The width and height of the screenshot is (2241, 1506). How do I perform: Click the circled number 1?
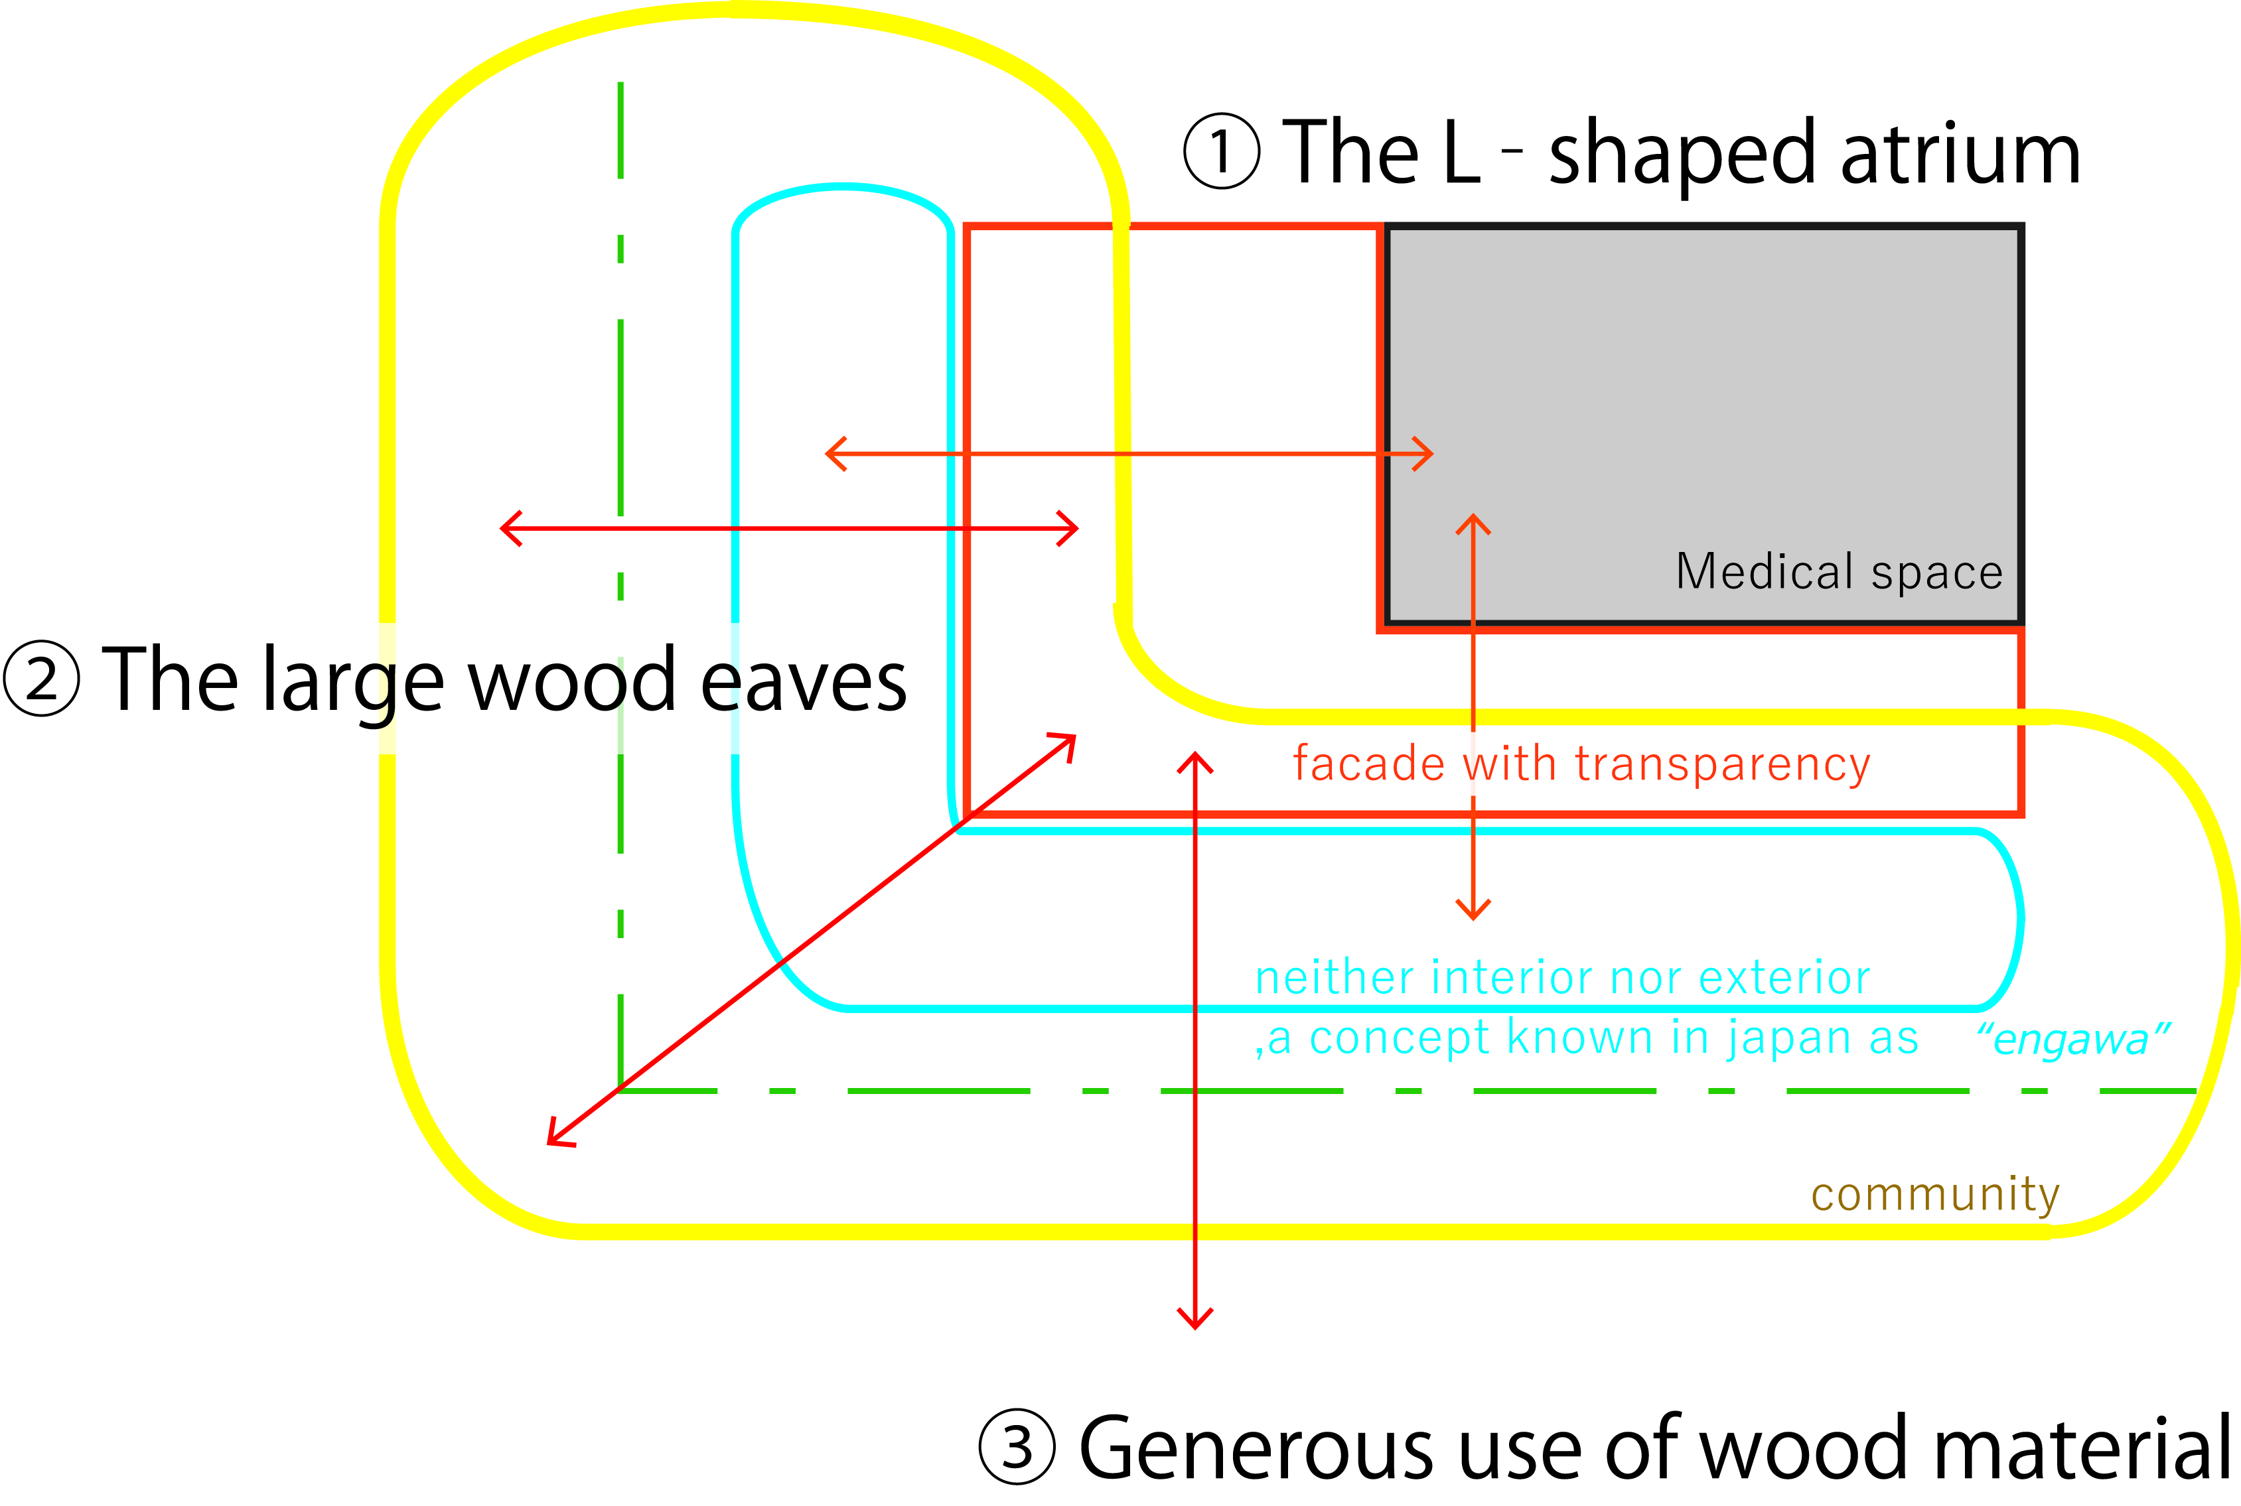tap(1221, 152)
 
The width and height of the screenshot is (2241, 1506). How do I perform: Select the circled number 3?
tap(1017, 1446)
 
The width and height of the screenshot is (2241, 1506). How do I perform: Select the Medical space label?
tap(1840, 573)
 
